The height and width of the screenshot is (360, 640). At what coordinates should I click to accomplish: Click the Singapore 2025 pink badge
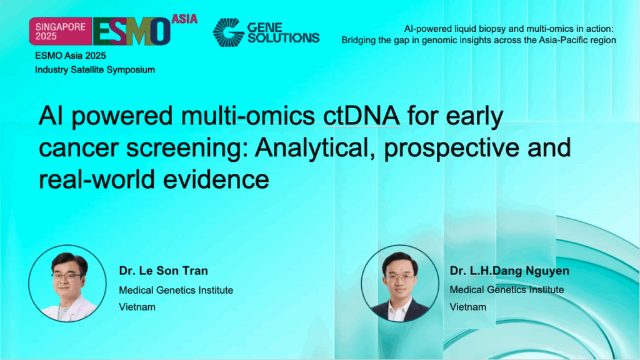[x=60, y=31]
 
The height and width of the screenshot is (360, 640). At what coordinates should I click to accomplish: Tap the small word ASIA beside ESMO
[x=184, y=19]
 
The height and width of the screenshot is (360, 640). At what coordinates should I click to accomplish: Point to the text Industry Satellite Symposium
[x=95, y=69]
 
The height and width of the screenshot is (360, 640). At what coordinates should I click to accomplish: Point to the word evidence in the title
[x=217, y=179]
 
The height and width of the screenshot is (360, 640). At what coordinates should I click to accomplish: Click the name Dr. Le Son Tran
[x=163, y=271]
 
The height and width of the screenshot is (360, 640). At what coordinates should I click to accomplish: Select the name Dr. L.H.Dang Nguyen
[x=509, y=271]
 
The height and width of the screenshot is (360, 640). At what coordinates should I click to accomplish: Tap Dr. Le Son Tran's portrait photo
[x=67, y=283]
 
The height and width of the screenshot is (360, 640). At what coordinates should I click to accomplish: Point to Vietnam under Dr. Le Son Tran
[x=137, y=307]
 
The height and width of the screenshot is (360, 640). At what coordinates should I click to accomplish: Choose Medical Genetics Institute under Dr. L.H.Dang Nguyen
[x=507, y=289]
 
